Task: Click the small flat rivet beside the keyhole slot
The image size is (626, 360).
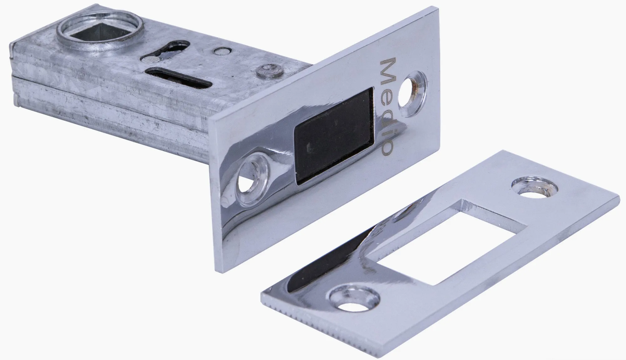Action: click(222, 50)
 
